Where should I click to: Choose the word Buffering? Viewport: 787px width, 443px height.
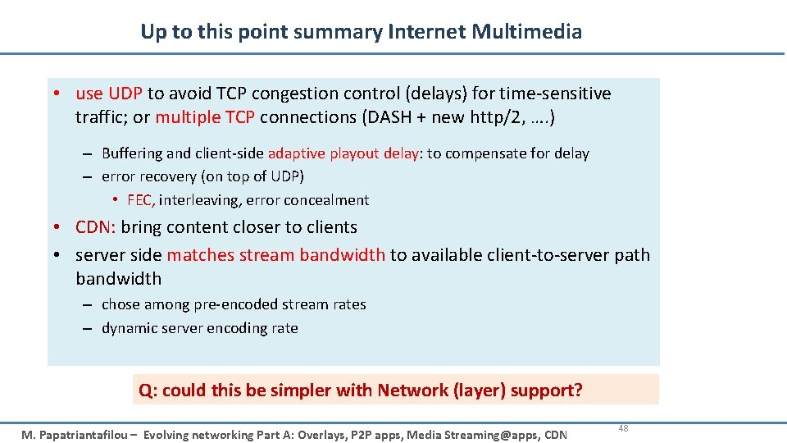click(x=132, y=153)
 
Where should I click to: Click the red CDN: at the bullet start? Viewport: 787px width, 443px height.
click(x=95, y=227)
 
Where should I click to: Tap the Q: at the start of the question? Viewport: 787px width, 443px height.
click(x=148, y=390)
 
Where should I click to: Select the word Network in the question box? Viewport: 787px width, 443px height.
click(x=412, y=390)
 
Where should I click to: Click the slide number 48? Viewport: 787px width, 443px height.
click(x=623, y=428)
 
